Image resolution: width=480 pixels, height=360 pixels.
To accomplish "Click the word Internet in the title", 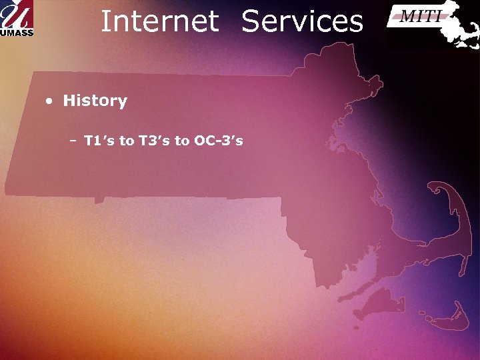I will coord(159,21).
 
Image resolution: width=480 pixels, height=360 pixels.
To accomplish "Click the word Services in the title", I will coord(302,21).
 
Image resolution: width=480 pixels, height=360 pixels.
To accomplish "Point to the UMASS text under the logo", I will coord(17,32).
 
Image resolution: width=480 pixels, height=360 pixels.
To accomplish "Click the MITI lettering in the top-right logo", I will coord(419,16).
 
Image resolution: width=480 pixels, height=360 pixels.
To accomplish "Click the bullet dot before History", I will coord(49,102).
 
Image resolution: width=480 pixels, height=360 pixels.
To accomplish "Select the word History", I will coord(95,101).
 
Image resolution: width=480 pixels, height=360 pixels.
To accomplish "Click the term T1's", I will coord(99,141).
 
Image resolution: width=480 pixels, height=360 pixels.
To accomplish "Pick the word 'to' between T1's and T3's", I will coord(127,141).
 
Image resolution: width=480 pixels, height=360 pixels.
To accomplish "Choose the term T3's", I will coord(154,141).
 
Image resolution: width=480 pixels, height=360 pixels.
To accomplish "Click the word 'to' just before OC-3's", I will coord(181,141).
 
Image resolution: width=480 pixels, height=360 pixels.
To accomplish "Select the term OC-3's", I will coord(219,141).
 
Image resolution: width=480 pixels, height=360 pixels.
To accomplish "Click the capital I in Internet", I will coord(105,21).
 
